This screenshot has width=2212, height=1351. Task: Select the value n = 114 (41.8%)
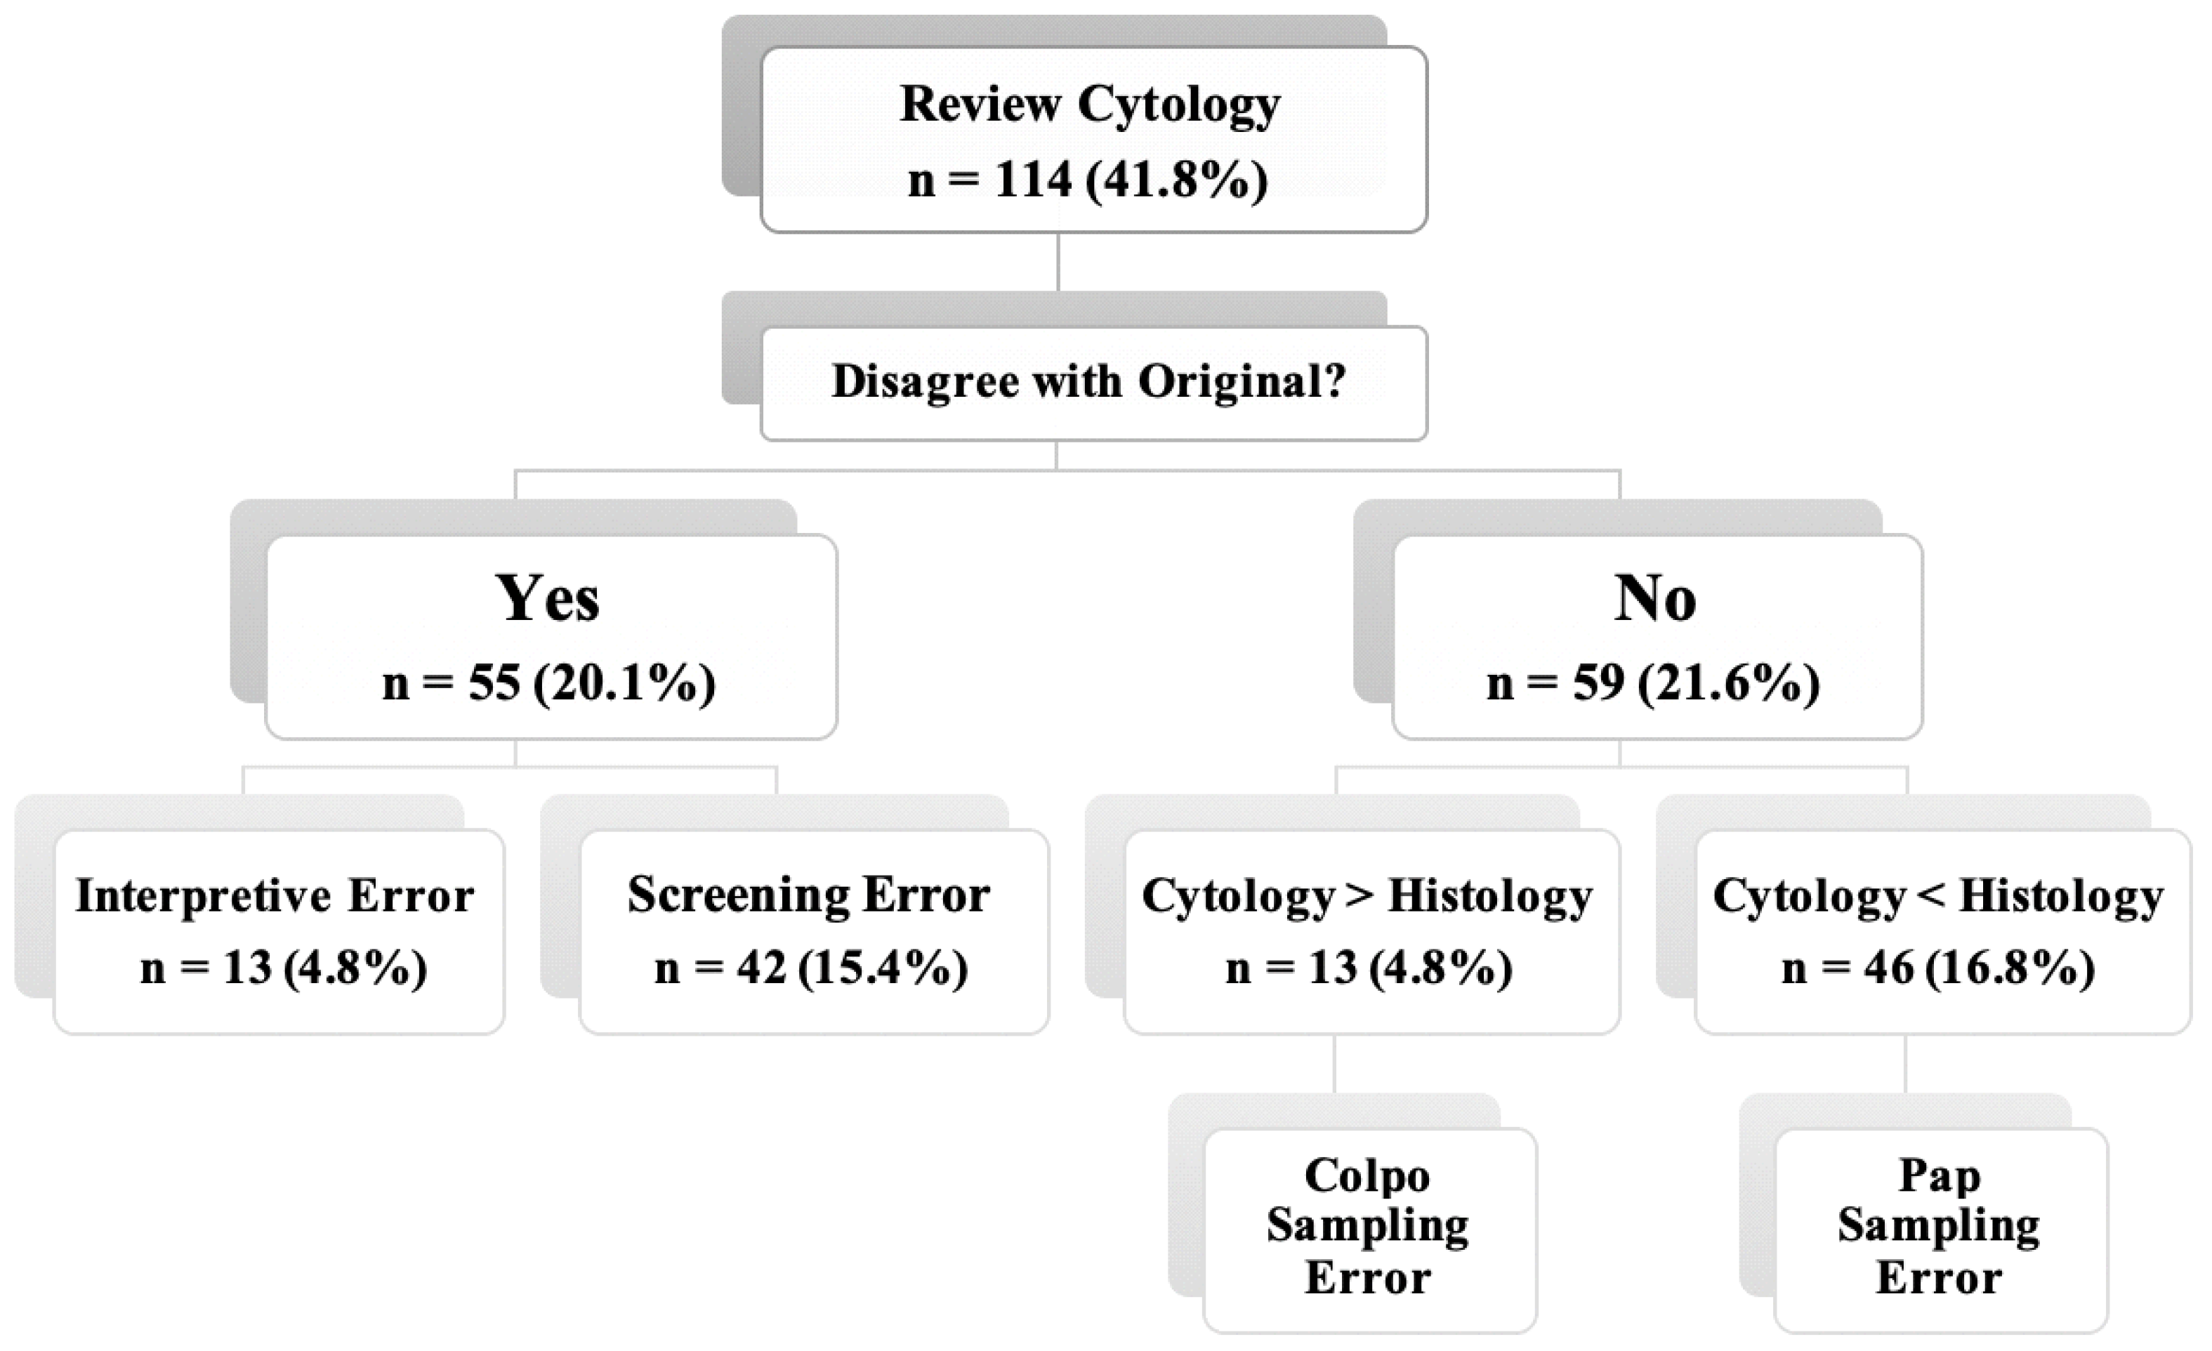pyautogui.click(x=1087, y=180)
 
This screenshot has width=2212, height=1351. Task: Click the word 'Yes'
pyautogui.click(x=547, y=599)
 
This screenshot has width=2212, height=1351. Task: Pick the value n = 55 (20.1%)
pyautogui.click(x=548, y=683)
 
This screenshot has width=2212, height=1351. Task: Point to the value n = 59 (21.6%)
pyautogui.click(x=1653, y=683)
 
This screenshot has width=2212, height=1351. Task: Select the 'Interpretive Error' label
pyautogui.click(x=275, y=895)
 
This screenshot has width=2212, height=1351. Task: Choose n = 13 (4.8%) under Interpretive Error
pyautogui.click(x=284, y=968)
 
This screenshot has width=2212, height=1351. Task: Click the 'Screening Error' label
pyautogui.click(x=808, y=895)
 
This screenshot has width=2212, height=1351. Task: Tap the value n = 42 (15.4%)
pyautogui.click(x=810, y=968)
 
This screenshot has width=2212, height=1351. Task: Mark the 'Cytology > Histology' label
pyautogui.click(x=1367, y=895)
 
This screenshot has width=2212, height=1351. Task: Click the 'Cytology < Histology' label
pyautogui.click(x=1937, y=895)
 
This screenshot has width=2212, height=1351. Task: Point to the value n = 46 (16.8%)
pyautogui.click(x=1937, y=968)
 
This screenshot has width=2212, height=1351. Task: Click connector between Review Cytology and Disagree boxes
pyautogui.click(x=1058, y=261)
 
